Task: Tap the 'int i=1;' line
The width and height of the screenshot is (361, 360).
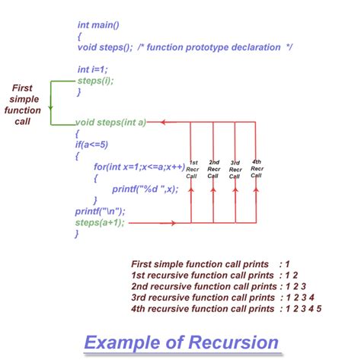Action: tap(93, 68)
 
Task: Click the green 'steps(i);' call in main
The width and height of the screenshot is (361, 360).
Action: tap(97, 79)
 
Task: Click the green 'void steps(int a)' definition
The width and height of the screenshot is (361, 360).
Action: tap(110, 122)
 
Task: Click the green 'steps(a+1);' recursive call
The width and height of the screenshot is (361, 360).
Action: tap(99, 222)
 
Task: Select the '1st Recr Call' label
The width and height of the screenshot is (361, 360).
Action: tap(193, 168)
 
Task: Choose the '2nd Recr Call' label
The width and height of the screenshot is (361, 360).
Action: tap(214, 168)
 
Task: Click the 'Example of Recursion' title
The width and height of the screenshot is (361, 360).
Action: tap(180, 342)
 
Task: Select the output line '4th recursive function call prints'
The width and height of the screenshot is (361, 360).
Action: tap(202, 308)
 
